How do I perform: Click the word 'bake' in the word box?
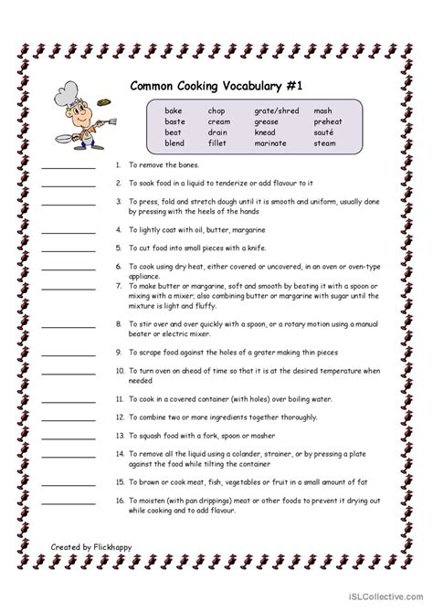click(174, 110)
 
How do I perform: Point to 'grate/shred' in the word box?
click(275, 110)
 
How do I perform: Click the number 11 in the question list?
click(119, 399)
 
